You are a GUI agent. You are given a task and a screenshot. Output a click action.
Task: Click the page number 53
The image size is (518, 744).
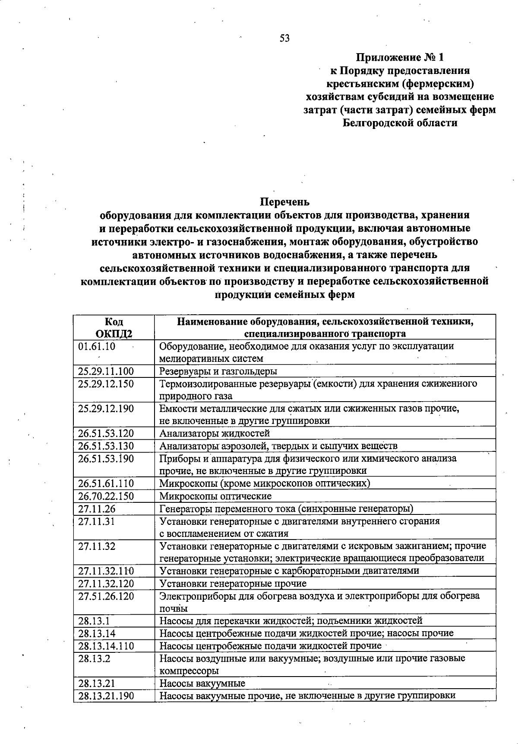284,38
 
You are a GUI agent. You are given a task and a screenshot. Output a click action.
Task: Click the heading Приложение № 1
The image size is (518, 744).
399,57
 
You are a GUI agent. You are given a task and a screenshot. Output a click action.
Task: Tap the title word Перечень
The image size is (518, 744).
284,202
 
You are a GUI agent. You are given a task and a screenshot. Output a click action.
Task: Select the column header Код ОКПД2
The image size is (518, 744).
114,327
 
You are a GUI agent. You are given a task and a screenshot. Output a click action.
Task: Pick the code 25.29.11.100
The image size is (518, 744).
106,371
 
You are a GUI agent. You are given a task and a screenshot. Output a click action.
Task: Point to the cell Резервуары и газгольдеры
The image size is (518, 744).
218,371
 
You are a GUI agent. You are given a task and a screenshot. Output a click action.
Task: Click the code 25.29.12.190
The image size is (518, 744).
106,409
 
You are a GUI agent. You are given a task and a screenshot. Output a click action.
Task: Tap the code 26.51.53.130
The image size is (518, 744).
106,446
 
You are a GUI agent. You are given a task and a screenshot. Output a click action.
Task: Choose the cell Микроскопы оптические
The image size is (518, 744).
215,496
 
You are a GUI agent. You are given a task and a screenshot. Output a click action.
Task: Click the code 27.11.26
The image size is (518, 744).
97,509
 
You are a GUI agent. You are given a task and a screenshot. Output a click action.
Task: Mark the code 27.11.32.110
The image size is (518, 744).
106,571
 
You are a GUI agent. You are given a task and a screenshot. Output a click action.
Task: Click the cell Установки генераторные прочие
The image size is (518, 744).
233,584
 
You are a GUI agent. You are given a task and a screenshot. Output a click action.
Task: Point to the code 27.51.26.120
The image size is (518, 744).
106,597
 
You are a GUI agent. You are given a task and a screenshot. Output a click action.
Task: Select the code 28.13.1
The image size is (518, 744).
94,621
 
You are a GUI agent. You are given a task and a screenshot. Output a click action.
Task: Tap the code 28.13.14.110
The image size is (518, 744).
106,646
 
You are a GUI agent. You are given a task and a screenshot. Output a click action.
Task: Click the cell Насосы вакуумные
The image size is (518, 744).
202,683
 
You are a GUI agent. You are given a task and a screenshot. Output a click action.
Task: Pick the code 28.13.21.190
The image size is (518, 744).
106,696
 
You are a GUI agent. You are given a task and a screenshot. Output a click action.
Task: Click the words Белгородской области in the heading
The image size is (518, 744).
400,123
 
